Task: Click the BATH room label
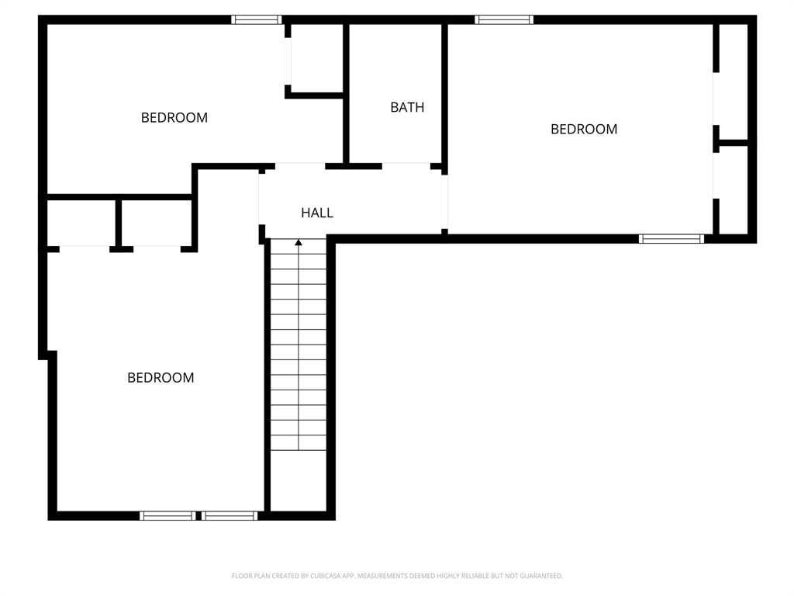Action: [407, 108]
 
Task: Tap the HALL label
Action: [317, 213]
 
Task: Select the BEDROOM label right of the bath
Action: [584, 130]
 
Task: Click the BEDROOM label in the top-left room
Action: [174, 118]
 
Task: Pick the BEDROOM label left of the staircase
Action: [161, 378]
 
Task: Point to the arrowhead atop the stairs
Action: [299, 244]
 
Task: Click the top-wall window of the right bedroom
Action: [504, 20]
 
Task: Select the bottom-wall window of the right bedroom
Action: [671, 239]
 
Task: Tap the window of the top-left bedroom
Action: [257, 20]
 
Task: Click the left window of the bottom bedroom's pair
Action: [167, 516]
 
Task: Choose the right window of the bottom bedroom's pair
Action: [230, 516]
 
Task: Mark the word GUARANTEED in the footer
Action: [541, 576]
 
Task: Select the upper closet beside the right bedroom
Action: [734, 81]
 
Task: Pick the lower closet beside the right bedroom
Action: [734, 189]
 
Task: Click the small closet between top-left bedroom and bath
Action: [316, 59]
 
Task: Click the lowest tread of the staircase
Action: [299, 443]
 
